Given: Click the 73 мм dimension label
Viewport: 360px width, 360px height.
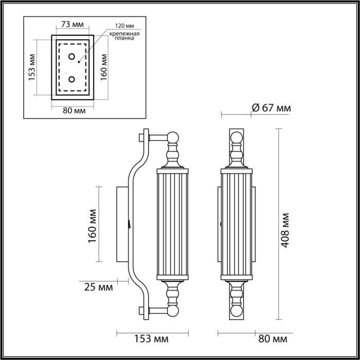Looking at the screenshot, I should pyautogui.click(x=72, y=24).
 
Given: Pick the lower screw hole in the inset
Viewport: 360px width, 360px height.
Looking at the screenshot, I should pyautogui.click(x=71, y=79).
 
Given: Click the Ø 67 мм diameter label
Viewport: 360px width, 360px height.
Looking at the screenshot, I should pyautogui.click(x=271, y=108).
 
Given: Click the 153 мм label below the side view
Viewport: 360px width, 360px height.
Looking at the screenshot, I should pyautogui.click(x=151, y=339).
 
